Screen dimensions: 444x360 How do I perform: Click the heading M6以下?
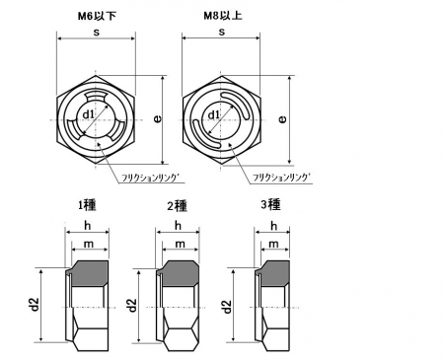pyautogui.click(x=97, y=16)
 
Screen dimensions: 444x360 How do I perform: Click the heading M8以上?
pyautogui.click(x=223, y=16)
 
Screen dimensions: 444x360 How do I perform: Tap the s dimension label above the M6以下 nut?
pyautogui.click(x=96, y=32)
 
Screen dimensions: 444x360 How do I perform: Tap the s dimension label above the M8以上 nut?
pyautogui.click(x=222, y=32)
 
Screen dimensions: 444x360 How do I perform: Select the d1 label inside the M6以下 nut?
pyautogui.click(x=88, y=114)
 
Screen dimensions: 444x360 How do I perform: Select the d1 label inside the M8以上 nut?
pyautogui.click(x=214, y=114)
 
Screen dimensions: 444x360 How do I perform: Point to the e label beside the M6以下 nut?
pyautogui.click(x=158, y=118)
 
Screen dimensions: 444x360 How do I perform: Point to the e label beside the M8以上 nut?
pyautogui.click(x=282, y=119)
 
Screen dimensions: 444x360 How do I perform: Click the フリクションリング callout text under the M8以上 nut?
pyautogui.click(x=281, y=178)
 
